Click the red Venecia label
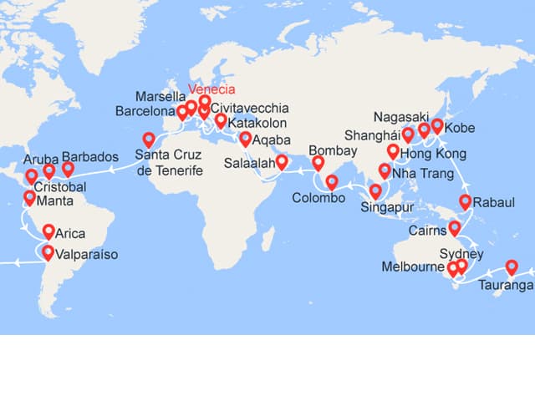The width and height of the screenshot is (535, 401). click(212, 90)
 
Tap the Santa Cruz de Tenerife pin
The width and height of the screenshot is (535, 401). click(149, 140)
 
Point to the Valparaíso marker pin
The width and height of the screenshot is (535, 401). click(48, 253)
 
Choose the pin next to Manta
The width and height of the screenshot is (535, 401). click(30, 198)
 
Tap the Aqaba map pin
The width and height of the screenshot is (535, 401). click(245, 139)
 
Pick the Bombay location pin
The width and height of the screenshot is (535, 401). click(318, 162)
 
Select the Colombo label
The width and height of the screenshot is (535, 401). click(318, 199)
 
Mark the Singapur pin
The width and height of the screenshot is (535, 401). click(375, 191)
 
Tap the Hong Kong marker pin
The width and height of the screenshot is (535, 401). click(393, 151)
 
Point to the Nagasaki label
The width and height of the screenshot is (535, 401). click(400, 116)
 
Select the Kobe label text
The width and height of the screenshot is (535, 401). click(459, 129)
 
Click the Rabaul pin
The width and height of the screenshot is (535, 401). click(466, 201)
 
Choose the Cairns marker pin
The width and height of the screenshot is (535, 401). click(456, 227)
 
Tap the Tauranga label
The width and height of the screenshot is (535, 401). click(505, 286)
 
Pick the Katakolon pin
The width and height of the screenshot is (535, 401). click(220, 121)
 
